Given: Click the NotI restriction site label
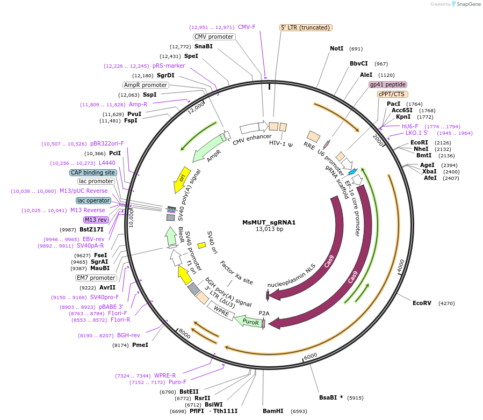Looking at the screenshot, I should [336, 48].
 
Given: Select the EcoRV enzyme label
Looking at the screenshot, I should [422, 303].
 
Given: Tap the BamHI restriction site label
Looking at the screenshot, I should [273, 411].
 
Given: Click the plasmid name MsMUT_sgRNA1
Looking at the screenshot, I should [269, 222].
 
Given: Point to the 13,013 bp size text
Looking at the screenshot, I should [269, 229].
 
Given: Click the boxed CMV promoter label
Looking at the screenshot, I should [214, 37].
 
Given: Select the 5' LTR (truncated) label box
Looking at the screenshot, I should [306, 27].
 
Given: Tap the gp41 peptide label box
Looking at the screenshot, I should [387, 84].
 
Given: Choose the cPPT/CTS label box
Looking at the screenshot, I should [392, 94].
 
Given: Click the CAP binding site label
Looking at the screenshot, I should [93, 172].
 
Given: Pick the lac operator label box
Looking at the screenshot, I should [93, 200].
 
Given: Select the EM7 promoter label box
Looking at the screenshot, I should [96, 278].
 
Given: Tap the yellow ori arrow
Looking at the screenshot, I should [181, 179].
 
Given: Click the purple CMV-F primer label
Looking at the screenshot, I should [247, 27].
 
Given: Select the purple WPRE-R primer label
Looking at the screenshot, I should [165, 375].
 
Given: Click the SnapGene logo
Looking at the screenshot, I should [465, 4].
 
